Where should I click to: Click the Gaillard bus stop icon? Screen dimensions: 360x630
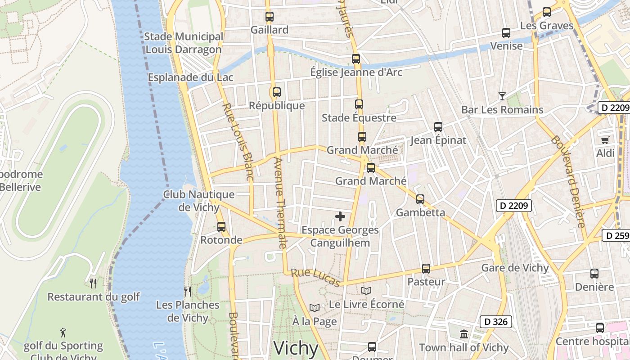(x=270, y=17)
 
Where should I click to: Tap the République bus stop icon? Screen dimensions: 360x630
(x=277, y=92)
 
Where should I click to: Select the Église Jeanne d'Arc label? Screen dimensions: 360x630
(x=356, y=72)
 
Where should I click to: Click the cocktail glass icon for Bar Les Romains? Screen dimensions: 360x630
(x=502, y=96)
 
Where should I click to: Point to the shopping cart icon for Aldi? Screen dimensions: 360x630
(x=605, y=140)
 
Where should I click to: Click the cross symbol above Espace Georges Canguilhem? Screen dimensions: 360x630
(x=340, y=216)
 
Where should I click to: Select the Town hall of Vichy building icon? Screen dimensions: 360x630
(x=464, y=334)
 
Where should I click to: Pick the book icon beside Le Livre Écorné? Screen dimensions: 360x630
(x=366, y=291)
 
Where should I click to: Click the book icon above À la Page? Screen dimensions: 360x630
(x=315, y=308)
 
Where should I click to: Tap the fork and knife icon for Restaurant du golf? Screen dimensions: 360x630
(x=93, y=283)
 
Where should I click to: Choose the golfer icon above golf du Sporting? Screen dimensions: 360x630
(x=63, y=333)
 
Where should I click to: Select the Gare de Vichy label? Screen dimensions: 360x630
(x=515, y=268)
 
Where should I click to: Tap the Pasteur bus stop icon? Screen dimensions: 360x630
(x=426, y=269)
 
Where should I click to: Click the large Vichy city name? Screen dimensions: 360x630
(x=296, y=348)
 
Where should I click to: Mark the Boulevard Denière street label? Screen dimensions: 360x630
(x=568, y=181)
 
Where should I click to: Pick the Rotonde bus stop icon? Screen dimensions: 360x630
(x=221, y=227)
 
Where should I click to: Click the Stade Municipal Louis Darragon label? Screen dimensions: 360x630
(x=184, y=43)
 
